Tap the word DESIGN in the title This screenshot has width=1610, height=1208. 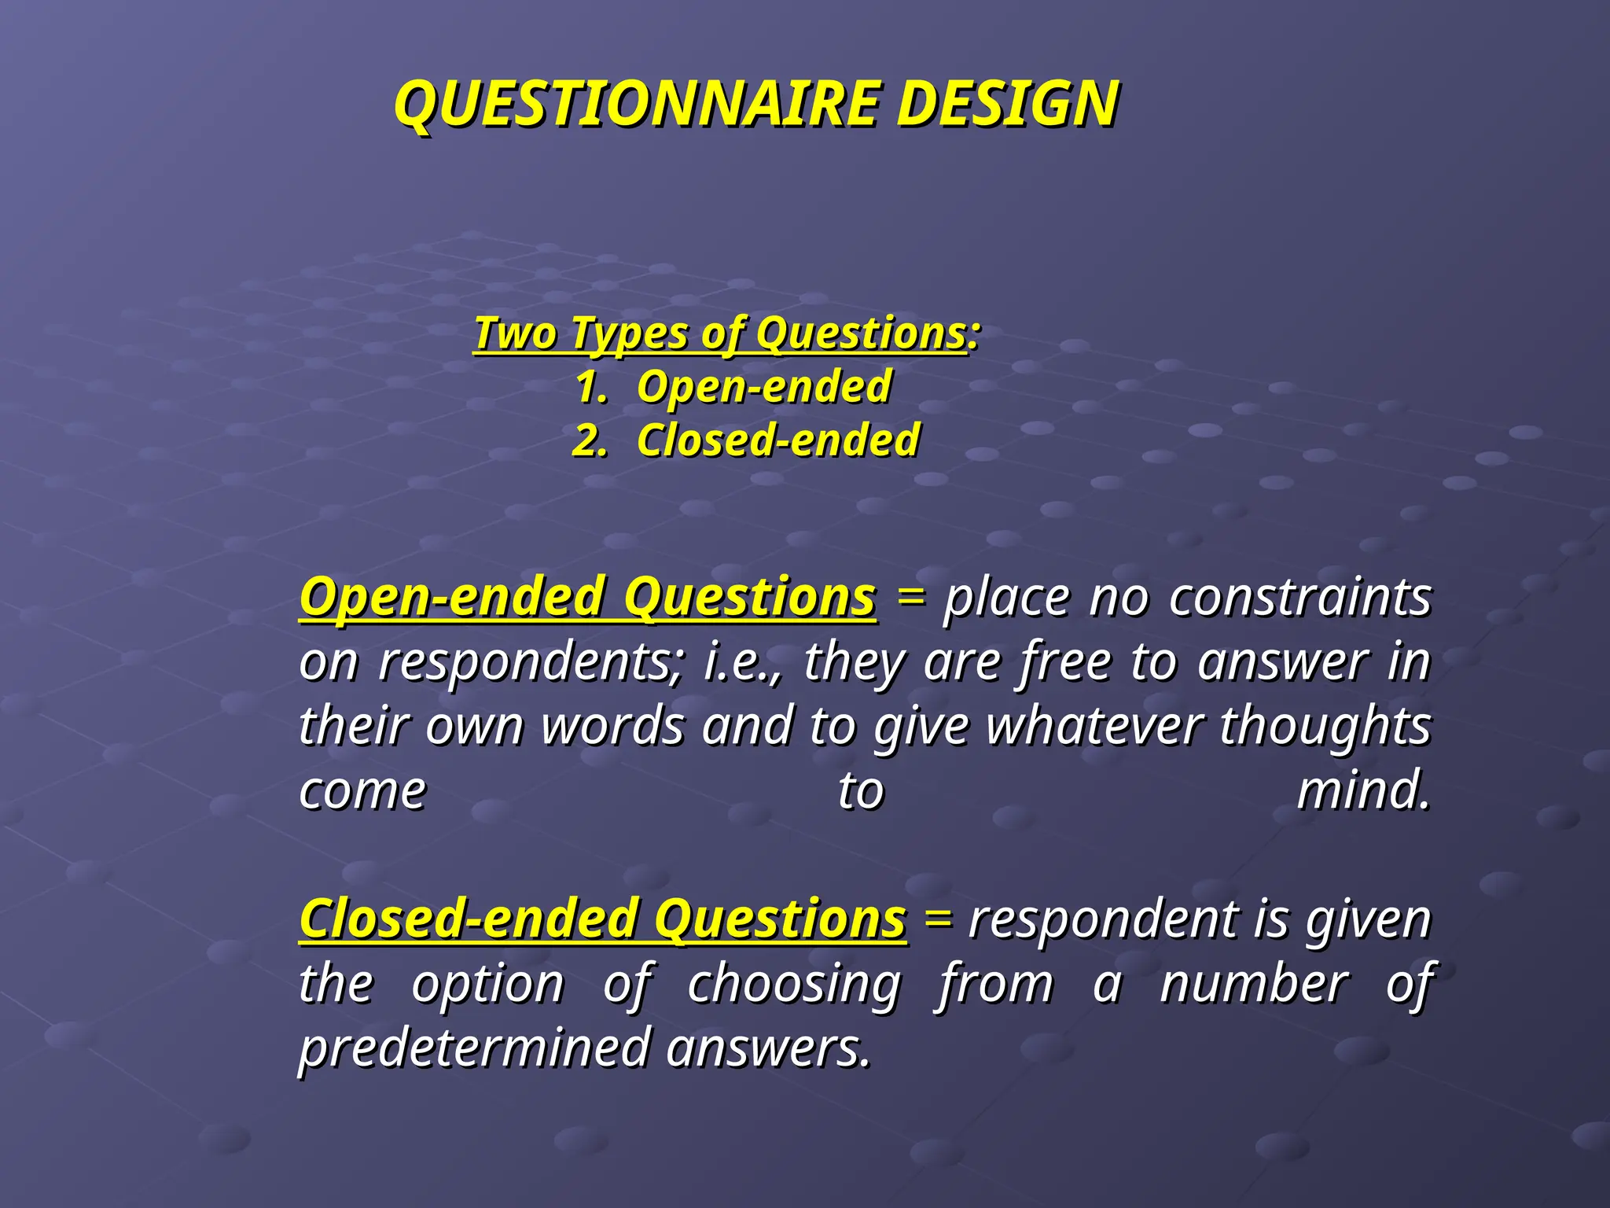[x=1007, y=105]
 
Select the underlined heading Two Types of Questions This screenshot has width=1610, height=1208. [x=719, y=333]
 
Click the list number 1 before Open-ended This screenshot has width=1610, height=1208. [x=591, y=388]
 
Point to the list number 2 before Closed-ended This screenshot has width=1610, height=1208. [x=590, y=440]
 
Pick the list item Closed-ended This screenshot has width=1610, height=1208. [x=777, y=440]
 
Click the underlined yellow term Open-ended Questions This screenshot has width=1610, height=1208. [x=586, y=598]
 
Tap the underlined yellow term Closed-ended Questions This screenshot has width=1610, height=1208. [x=602, y=919]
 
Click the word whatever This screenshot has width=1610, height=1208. [x=1094, y=726]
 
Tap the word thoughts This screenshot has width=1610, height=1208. [x=1325, y=726]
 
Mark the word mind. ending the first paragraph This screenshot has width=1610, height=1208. [x=1362, y=790]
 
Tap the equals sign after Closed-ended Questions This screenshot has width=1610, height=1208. [x=938, y=919]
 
